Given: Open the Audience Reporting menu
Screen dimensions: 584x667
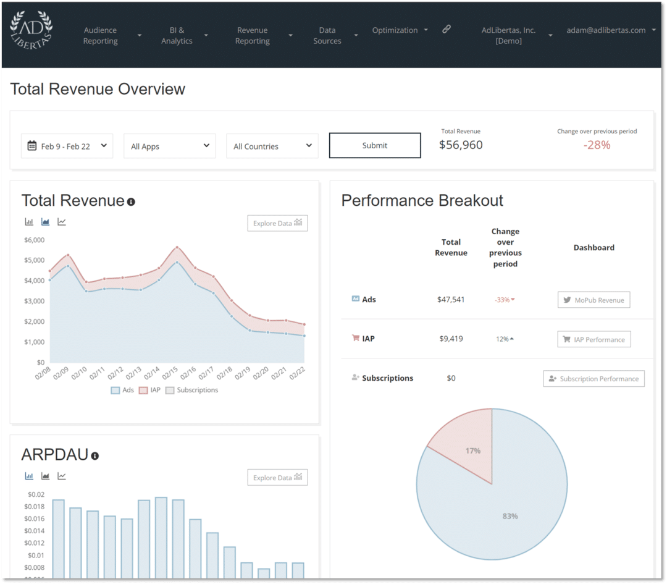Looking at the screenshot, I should (101, 35).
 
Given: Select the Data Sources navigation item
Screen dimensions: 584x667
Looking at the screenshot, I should (327, 35).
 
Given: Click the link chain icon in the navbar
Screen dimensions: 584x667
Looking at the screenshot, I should (447, 29).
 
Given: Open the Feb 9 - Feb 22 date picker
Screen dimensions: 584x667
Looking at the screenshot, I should (67, 146).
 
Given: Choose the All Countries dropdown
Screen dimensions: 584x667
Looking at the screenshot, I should (272, 146).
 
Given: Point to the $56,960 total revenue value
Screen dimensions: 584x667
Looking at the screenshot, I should (461, 145).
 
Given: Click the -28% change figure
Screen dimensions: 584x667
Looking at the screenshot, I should (597, 145).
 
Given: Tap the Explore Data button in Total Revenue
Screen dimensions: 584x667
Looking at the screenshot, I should (277, 223).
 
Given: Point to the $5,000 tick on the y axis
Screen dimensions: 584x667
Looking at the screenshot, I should (35, 260).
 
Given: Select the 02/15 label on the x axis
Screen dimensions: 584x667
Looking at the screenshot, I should (170, 374).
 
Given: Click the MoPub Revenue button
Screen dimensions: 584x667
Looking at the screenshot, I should (594, 300).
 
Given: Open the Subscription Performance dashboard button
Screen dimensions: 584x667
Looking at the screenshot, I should (594, 379).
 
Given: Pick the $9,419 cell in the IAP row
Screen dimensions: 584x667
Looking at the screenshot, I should (451, 339).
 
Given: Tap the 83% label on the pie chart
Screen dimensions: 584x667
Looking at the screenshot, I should (510, 516).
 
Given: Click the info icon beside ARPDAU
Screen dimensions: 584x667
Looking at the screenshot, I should (95, 456).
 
